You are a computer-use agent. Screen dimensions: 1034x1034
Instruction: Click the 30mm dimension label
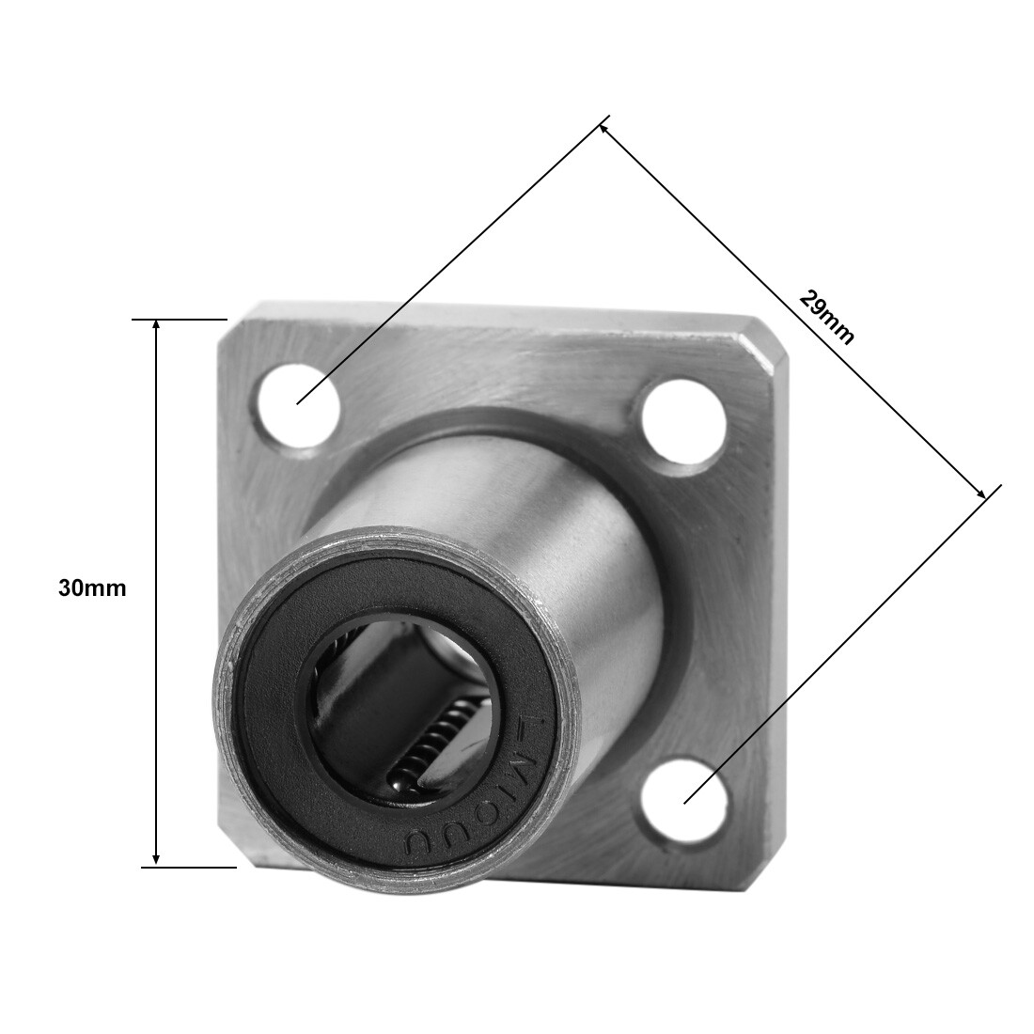(x=92, y=589)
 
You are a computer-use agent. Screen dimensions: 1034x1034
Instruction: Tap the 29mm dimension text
(x=827, y=316)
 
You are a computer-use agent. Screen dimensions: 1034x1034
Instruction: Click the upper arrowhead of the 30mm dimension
(x=157, y=325)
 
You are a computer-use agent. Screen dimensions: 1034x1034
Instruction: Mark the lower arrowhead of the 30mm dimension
(x=157, y=859)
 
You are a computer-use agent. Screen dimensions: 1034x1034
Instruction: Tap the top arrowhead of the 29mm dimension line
(x=604, y=124)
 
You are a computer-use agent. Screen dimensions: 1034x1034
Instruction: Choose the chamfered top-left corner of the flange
(x=238, y=315)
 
